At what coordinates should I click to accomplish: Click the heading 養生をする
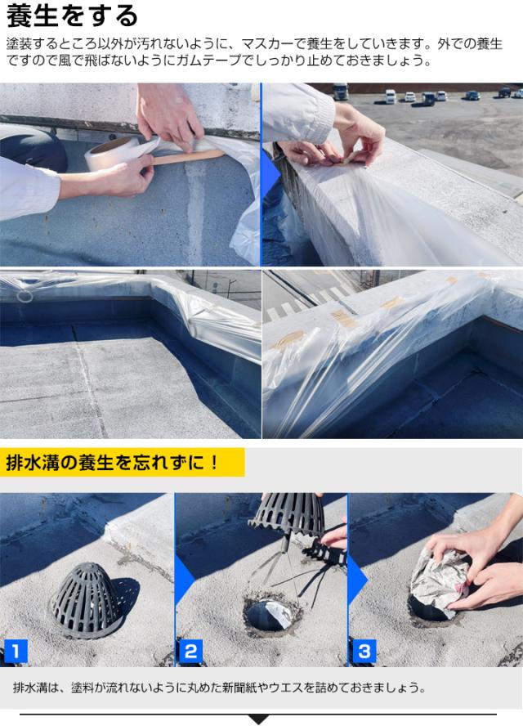click(x=73, y=16)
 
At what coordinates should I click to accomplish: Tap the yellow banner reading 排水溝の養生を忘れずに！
click(x=123, y=463)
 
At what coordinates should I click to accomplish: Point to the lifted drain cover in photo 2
click(x=286, y=514)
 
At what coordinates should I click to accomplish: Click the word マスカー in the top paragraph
click(x=261, y=44)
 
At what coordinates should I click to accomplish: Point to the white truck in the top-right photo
click(x=341, y=92)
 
